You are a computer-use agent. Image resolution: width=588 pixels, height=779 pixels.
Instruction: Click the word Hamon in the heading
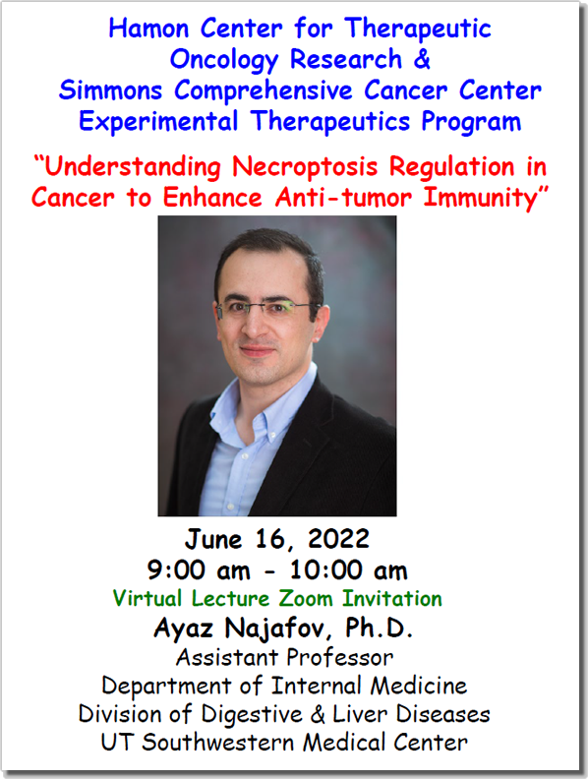click(x=149, y=29)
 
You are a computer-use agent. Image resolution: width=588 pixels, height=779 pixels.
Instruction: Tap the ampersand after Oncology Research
click(x=421, y=59)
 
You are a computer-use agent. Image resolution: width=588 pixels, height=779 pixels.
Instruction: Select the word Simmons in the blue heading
click(x=111, y=90)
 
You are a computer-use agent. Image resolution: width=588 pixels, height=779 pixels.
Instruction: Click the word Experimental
click(x=158, y=122)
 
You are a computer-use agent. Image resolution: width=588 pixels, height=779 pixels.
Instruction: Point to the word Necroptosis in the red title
click(x=305, y=167)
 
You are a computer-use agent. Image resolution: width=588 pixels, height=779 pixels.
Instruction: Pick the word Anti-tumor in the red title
click(x=344, y=198)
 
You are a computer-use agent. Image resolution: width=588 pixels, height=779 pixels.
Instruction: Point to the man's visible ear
click(x=322, y=323)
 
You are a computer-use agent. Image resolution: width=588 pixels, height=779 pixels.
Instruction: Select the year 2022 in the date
click(x=338, y=540)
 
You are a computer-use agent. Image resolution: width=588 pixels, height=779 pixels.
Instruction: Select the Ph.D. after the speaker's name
click(x=379, y=628)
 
